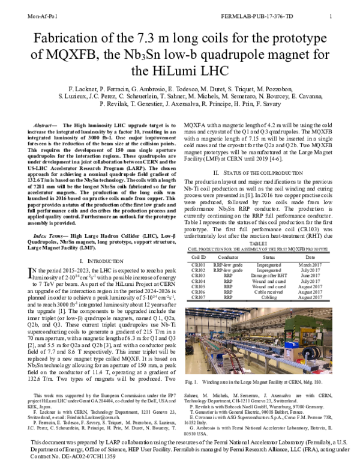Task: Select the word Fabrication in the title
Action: [62, 41]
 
